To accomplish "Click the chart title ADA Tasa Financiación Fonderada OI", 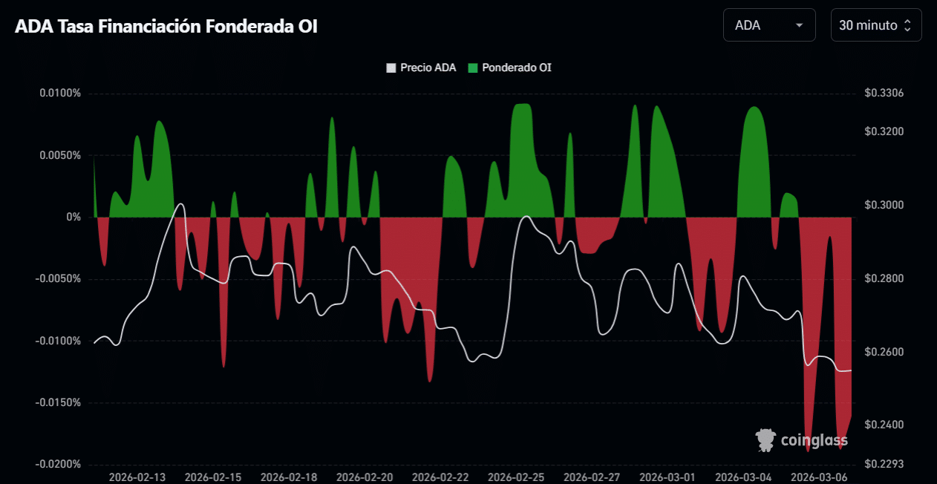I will coord(166,26).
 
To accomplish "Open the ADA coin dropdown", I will coord(768,25).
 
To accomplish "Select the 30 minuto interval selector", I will coord(876,25).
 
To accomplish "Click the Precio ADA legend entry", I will coord(422,68).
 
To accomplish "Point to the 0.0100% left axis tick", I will coord(60,94).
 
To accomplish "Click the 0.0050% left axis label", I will coord(60,155).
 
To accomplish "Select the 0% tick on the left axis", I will coord(74,218).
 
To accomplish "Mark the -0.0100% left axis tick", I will coord(59,341).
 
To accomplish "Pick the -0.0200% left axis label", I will coord(59,465).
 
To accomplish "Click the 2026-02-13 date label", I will coord(137,477).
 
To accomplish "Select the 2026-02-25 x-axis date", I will coord(516,477).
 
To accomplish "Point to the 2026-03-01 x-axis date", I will coord(667,477).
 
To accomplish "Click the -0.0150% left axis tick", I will coord(59,403).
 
